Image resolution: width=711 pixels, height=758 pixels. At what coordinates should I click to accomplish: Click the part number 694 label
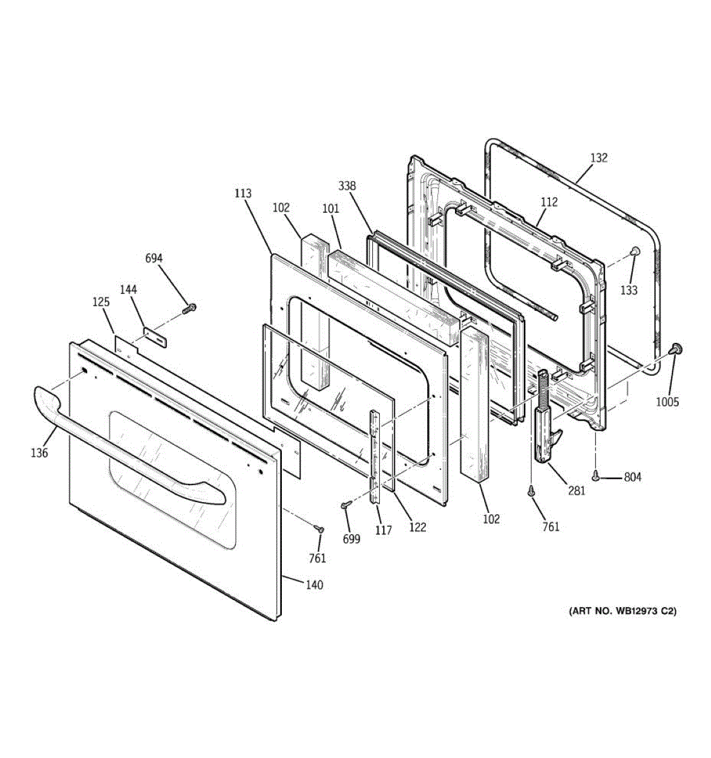154,258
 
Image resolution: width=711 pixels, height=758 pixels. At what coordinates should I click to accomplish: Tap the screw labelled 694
189,309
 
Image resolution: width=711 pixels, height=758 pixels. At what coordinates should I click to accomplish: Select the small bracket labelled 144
155,335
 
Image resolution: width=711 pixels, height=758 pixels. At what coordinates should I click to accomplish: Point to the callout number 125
101,302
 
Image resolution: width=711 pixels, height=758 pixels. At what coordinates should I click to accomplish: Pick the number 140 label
314,585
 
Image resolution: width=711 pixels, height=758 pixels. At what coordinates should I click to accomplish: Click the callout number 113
243,193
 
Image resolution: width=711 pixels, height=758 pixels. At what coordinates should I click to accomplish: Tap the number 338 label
347,186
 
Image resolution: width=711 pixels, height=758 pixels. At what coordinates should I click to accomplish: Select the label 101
331,208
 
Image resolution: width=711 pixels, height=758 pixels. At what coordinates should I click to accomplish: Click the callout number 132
599,158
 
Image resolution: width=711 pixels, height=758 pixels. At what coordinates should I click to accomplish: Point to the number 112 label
549,202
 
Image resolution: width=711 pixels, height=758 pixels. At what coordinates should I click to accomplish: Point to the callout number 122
418,527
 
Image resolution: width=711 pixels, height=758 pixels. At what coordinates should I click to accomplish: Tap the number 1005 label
667,402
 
